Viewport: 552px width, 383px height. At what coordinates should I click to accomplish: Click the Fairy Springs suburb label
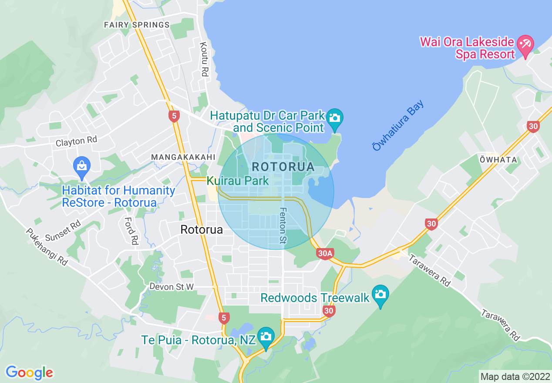coord(137,25)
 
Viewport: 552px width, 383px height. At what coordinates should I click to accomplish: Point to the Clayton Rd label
coord(76,141)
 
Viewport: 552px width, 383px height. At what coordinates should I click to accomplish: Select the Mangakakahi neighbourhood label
coord(183,157)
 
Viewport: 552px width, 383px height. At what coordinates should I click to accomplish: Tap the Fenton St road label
coord(283,225)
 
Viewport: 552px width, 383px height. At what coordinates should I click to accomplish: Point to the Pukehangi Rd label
coord(47,247)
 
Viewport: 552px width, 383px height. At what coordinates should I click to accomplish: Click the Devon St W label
coord(171,286)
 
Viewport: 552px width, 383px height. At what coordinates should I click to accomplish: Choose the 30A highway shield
coord(325,254)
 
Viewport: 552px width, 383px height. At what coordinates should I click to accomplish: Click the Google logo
coord(29,373)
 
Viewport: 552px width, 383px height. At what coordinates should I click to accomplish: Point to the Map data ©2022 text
coord(514,376)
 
